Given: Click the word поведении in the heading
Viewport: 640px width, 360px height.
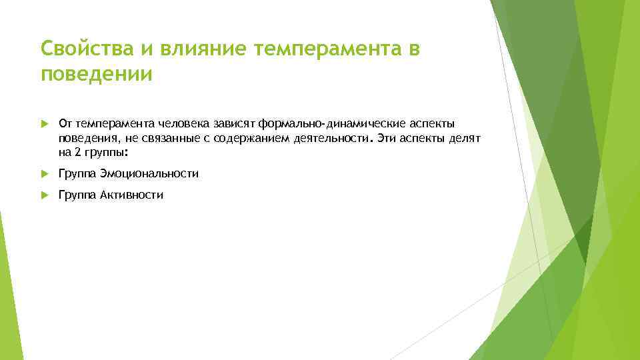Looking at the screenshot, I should [x=97, y=75].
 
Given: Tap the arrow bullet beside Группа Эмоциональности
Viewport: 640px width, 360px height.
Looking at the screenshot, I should [x=45, y=173].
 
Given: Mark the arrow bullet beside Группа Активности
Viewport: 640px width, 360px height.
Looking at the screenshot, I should [x=45, y=195].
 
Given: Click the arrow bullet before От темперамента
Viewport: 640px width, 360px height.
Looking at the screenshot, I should [x=45, y=123].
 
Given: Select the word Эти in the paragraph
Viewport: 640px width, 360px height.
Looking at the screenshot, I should [x=386, y=138].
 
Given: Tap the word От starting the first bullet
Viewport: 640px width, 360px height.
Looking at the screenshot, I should [x=65, y=123].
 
